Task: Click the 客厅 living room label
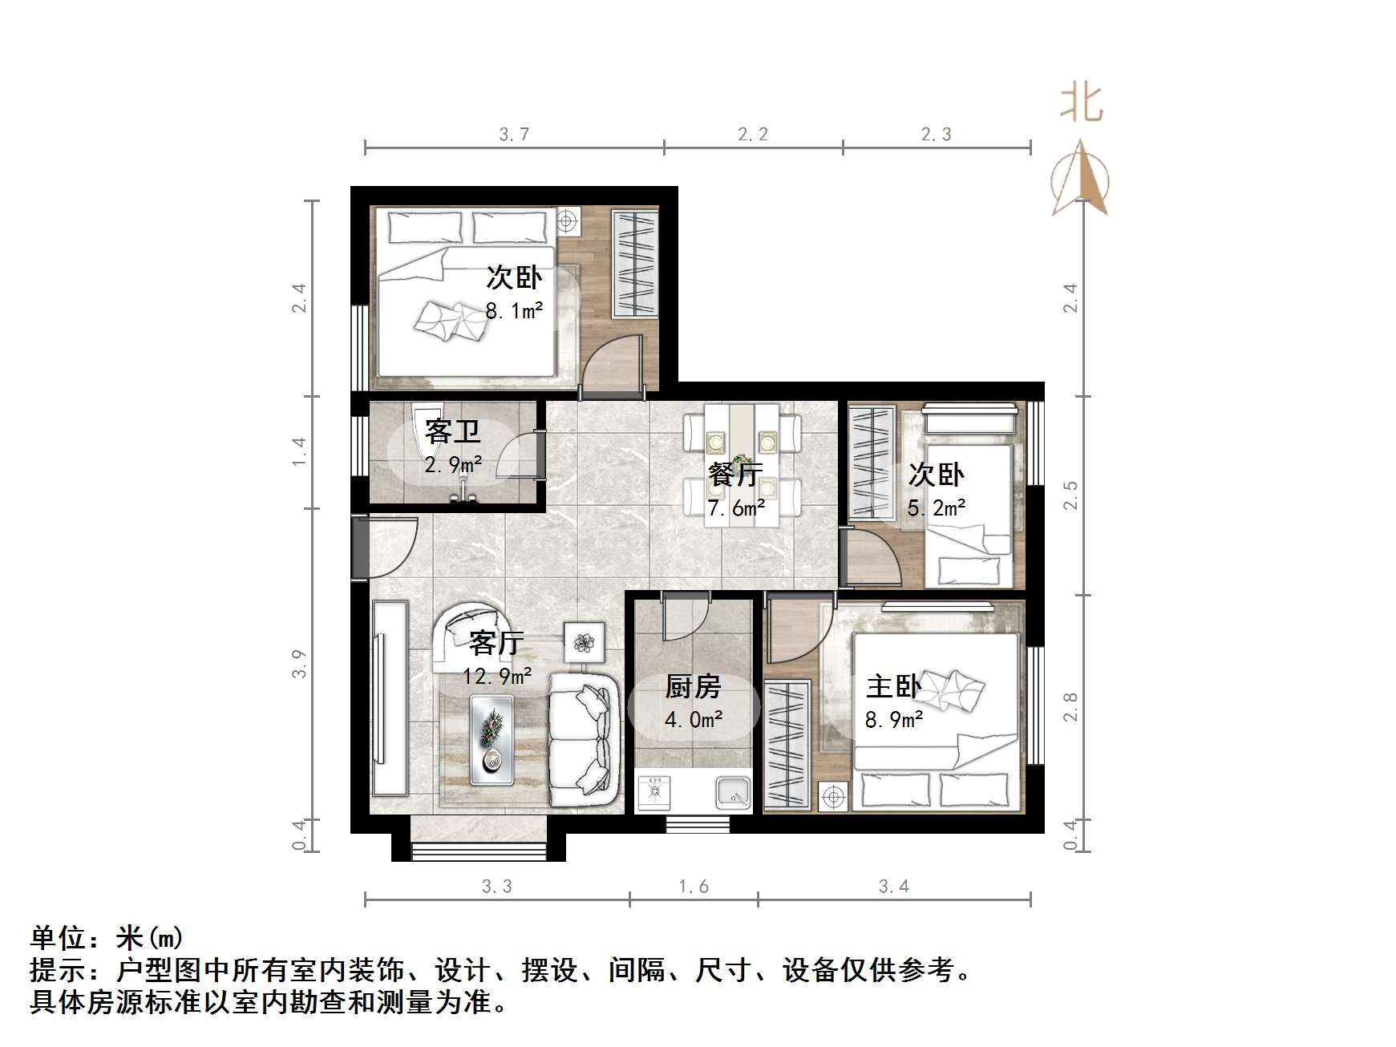(496, 642)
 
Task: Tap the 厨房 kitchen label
(693, 686)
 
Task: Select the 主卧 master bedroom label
(893, 686)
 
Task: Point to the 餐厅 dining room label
(735, 475)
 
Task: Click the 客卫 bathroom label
(453, 431)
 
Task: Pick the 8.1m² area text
(514, 310)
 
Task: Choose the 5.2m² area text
(936, 507)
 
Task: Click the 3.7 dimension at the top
(514, 135)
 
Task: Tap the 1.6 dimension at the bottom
(694, 887)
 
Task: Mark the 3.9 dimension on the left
(299, 664)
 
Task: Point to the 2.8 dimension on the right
(1070, 707)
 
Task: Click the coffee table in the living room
(492, 739)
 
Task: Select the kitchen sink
(732, 792)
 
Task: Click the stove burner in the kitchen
(654, 792)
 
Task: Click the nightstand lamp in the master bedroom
(832, 798)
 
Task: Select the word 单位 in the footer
(59, 937)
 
